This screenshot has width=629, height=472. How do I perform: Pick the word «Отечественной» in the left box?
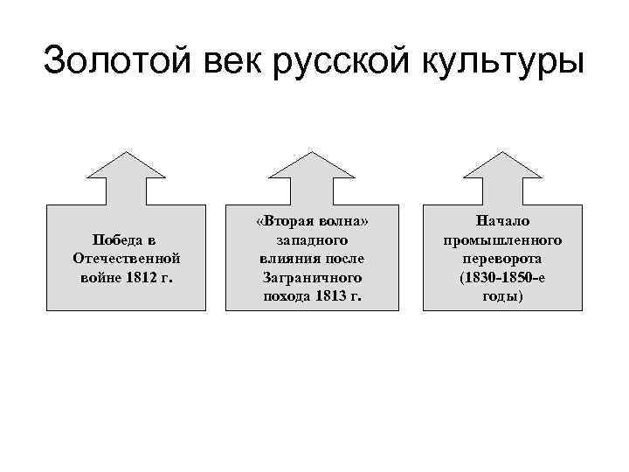pos(128,259)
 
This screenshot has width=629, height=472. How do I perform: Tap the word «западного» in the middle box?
pos(312,240)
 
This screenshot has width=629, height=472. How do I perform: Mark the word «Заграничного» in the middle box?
pos(312,277)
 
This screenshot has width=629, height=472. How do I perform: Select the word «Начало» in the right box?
pos(501,222)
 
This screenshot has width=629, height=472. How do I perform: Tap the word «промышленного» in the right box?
pos(501,240)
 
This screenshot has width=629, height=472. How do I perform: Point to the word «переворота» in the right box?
pos(501,259)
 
